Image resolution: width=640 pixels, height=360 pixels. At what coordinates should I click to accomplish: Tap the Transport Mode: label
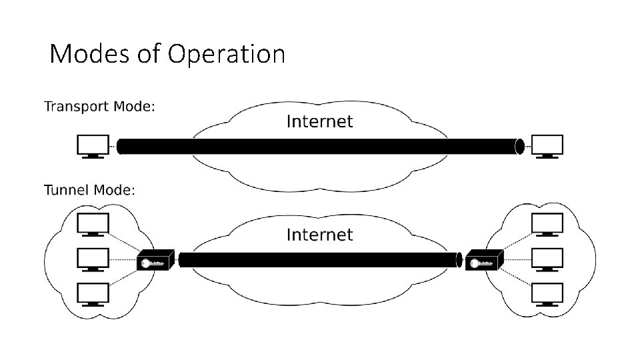(99, 107)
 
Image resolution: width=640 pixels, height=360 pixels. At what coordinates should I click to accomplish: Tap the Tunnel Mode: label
(89, 191)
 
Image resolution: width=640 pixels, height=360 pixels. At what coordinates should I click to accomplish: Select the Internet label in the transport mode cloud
(319, 121)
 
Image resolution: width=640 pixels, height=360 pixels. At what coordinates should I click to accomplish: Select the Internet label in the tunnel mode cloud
(319, 235)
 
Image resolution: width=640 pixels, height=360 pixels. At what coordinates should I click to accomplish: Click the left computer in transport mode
(93, 146)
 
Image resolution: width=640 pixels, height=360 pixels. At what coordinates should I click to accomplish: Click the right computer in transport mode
(547, 146)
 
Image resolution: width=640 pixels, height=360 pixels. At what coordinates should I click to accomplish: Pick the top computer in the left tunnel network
(93, 224)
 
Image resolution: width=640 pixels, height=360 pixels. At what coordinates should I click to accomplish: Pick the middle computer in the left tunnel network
(93, 259)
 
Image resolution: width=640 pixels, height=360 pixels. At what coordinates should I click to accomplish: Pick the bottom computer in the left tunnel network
(93, 293)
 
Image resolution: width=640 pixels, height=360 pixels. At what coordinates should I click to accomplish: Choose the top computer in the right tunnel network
(547, 224)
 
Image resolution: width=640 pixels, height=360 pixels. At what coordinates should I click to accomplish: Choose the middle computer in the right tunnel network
(547, 259)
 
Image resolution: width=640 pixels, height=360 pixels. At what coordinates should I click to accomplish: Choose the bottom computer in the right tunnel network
(547, 293)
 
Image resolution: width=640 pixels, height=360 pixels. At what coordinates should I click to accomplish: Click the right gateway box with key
(483, 261)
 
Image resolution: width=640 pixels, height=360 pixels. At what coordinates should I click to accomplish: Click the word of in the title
(147, 54)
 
